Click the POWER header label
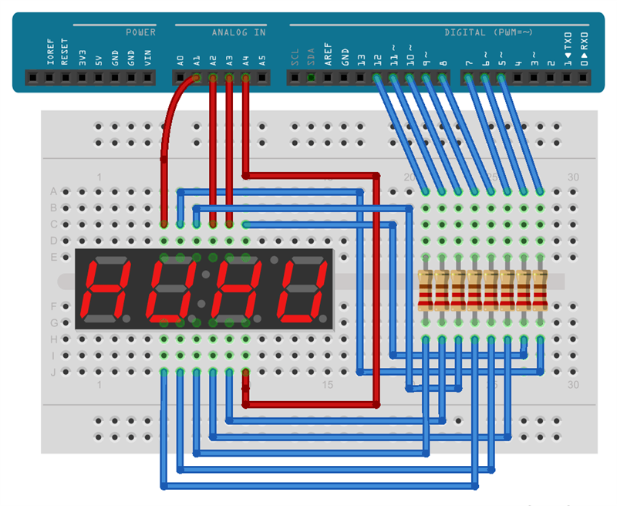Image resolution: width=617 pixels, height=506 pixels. pos(141,32)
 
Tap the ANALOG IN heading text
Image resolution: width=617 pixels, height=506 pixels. pos(239,32)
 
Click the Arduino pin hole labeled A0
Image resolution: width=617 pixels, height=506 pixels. pos(180,77)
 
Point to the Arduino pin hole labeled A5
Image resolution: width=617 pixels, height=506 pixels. pos(262,77)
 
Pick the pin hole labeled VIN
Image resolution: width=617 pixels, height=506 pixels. pos(147,77)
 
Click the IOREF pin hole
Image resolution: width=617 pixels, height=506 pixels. pos(49,77)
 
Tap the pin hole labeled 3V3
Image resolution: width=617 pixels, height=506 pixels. pos(82,77)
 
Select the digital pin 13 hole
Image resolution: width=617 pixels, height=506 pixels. pos(360,77)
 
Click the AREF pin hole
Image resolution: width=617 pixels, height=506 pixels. pos(328,77)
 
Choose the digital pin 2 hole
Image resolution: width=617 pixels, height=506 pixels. pos(551,77)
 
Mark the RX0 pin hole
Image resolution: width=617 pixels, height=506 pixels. pos(583,77)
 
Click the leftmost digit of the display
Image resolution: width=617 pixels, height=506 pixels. pos(107,290)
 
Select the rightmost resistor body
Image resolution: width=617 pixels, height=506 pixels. pos(539,290)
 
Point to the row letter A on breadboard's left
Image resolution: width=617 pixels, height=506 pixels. pos(53,191)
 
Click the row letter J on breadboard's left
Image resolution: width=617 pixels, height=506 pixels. pos(53,372)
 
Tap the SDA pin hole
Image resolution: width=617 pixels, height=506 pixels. pos(311,77)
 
